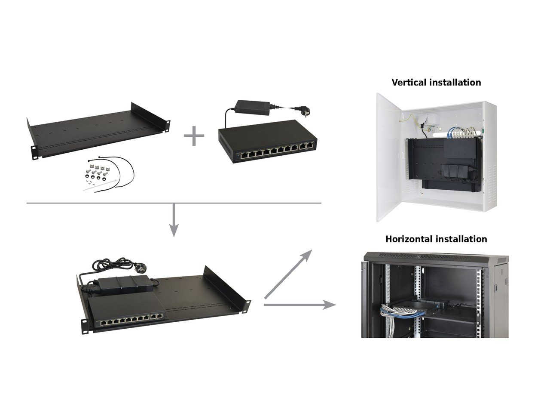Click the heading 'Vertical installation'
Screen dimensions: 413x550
(436, 82)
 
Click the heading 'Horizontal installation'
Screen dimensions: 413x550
(436, 239)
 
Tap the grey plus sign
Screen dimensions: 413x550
(194, 136)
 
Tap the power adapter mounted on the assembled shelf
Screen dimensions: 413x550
(122, 285)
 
